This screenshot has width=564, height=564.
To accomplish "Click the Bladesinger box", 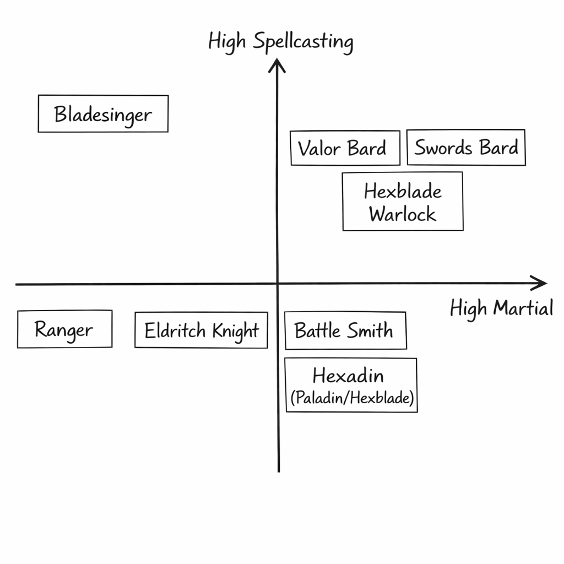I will coord(103,113).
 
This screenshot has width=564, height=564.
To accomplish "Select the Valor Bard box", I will coord(345,148).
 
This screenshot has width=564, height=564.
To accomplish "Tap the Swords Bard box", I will coord(466,147).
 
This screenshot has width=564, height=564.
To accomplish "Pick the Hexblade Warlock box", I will coord(403,201).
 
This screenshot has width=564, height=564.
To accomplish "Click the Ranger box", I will coord(64,329).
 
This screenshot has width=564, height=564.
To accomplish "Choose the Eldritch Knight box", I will coord(201,330).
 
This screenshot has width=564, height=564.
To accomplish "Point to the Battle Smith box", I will coord(345,330).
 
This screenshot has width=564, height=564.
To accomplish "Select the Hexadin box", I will coord(351,385).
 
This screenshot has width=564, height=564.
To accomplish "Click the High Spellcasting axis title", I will coord(280,42).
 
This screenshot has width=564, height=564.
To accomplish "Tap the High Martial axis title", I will coord(501,308).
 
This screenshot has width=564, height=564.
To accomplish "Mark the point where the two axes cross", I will coord(278,284).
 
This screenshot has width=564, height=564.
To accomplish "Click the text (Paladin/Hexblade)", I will coord(351,398).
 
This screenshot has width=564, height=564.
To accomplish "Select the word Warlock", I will coord(403,214).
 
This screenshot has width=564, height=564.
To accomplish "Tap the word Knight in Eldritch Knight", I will coord(235,331).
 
